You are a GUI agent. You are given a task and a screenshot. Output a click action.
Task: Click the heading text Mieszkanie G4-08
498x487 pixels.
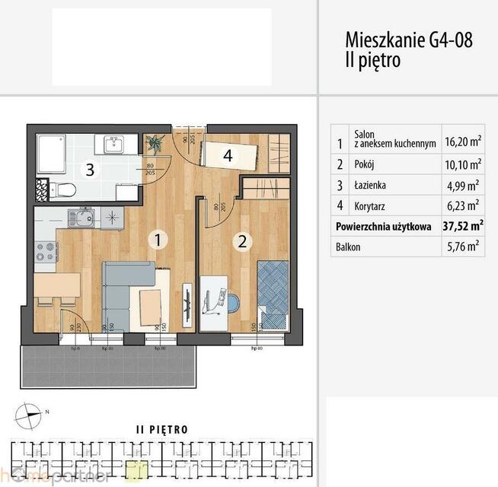click(x=408, y=40)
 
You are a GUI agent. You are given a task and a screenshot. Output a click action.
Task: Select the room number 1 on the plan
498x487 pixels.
click(x=157, y=240)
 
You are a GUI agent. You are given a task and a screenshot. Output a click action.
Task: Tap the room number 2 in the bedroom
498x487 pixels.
click(x=242, y=242)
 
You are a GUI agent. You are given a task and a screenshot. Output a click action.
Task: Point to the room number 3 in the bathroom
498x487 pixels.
click(x=90, y=169)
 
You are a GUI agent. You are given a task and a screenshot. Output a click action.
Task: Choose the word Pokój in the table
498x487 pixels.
click(x=366, y=164)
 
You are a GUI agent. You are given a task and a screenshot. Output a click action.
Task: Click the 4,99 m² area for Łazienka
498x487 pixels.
click(x=462, y=185)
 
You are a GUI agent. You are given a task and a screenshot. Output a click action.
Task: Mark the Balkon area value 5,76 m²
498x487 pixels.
click(x=462, y=247)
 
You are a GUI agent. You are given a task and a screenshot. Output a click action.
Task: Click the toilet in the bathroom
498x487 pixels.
click(x=65, y=189)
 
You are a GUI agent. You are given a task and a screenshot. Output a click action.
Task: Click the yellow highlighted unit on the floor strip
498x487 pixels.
click(x=136, y=469)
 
